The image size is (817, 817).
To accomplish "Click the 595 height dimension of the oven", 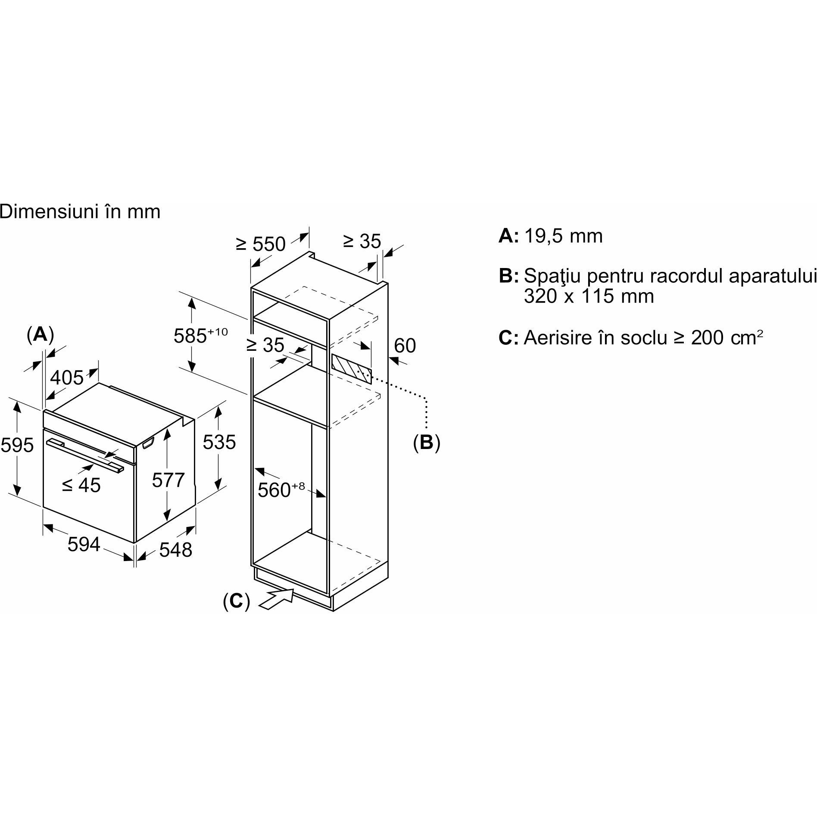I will pos(17,445).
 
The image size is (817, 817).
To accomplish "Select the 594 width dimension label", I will pos(84,544).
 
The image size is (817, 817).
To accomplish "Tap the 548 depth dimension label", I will pos(175,549).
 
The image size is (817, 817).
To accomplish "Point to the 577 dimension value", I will pos(168,480).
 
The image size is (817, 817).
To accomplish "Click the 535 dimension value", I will pos(219,442).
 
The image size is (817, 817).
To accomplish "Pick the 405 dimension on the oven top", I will pos(67,378).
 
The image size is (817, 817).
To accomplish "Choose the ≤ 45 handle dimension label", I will pos(81,485).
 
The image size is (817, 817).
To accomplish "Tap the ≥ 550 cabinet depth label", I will pos(261,244).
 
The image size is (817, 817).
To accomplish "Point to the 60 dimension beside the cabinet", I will pos(405,346).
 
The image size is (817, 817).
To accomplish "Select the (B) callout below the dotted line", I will pos(427,442).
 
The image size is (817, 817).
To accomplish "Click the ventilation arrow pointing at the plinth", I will pos(275,599).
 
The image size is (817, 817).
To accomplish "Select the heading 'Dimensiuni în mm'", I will pos(80,212).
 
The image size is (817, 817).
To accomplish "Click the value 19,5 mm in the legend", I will pos(563,236).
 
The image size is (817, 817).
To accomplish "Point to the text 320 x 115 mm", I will pos(589,296).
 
